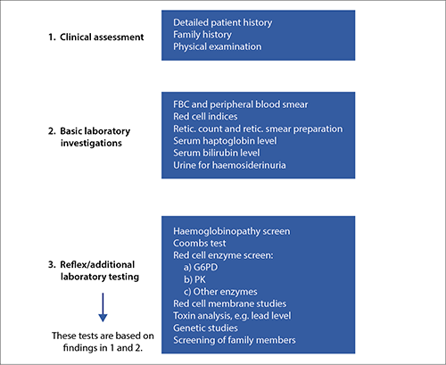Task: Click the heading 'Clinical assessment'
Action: pos(102,37)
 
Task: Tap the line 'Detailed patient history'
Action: pos(223,22)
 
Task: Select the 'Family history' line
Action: pos(202,35)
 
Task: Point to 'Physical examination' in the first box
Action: pos(218,46)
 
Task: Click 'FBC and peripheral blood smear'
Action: pos(241,104)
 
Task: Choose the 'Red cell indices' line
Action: pos(205,116)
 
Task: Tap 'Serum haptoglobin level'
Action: pos(225,141)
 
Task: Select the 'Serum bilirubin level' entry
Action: pos(217,153)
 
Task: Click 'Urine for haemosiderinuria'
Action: pos(229,165)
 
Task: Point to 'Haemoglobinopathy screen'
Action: pos(232,231)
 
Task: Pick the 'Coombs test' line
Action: pos(200,244)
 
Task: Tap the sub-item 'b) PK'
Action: pos(194,279)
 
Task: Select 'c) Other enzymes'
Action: pos(220,292)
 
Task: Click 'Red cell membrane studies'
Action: pos(230,303)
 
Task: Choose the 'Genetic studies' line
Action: pos(205,328)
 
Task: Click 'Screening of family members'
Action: pos(235,340)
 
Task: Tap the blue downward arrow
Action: pos(103,307)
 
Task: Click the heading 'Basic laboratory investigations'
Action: pos(95,137)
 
